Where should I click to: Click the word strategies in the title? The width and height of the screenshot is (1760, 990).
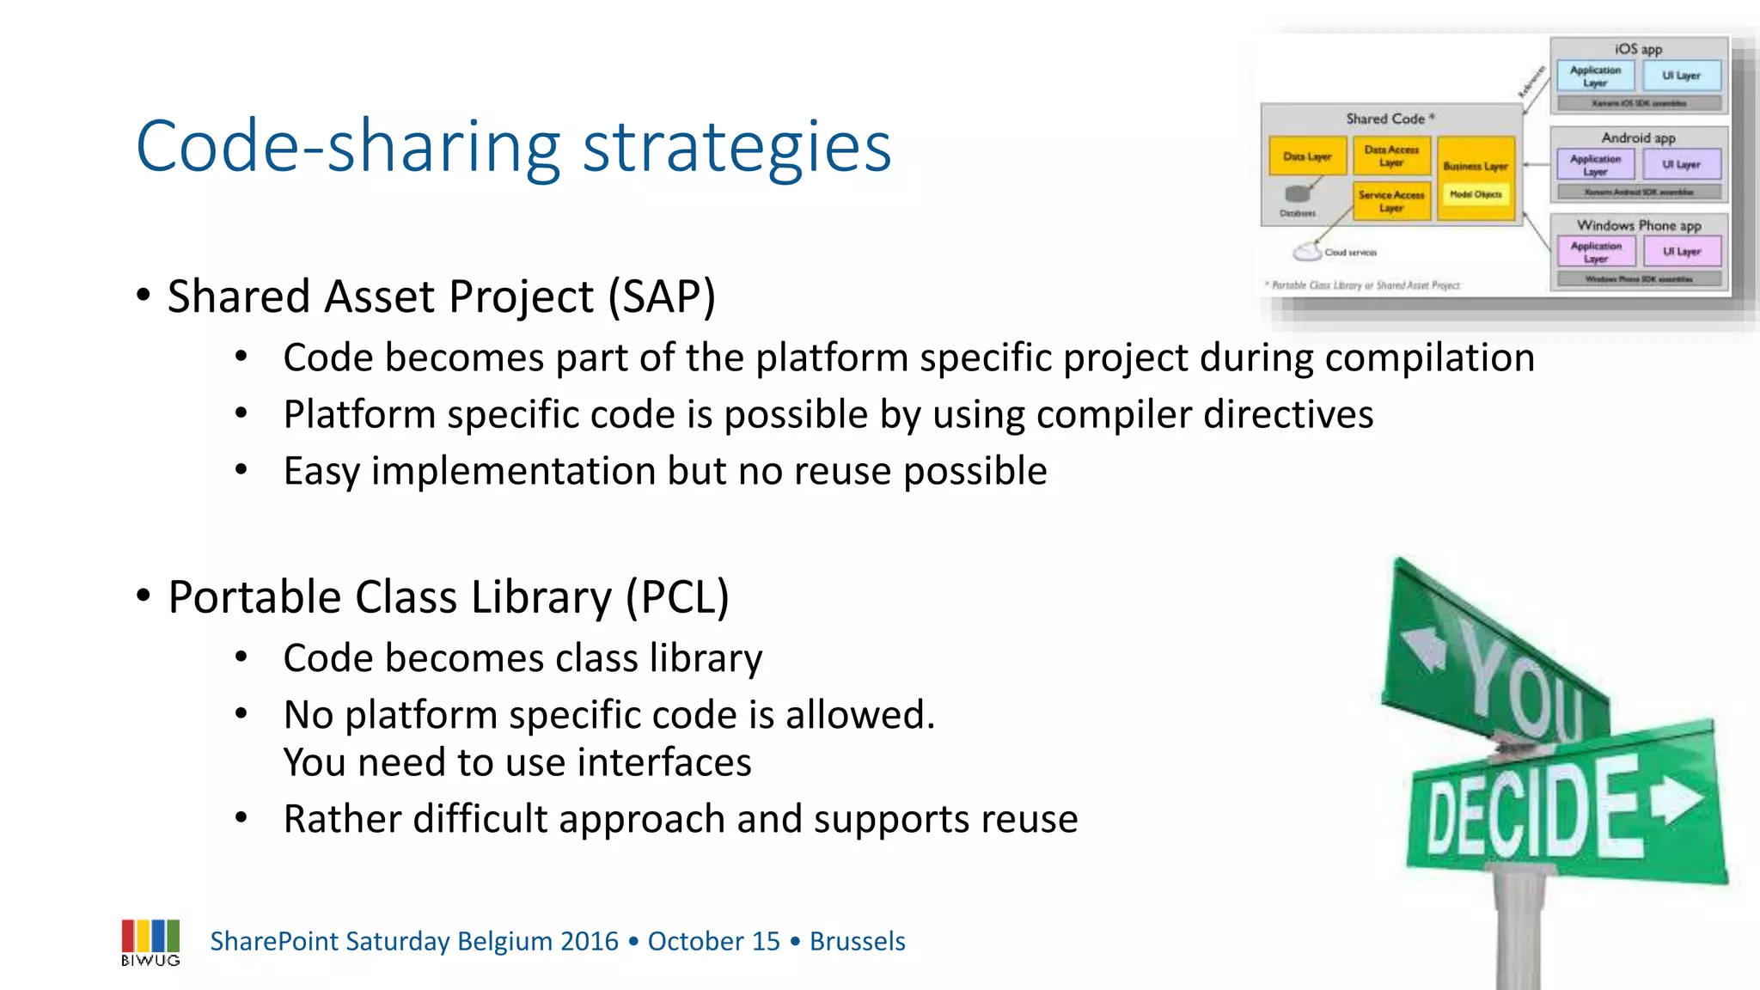(736, 148)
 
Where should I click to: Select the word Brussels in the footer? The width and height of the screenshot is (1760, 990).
(857, 941)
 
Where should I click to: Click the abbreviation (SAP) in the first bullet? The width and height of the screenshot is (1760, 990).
(662, 297)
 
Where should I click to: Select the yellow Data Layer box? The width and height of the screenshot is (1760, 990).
(1307, 156)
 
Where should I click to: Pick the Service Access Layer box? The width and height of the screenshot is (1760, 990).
(1390, 201)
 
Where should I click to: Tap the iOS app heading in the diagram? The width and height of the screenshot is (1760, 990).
(1638, 49)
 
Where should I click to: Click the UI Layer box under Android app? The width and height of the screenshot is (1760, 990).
(1681, 164)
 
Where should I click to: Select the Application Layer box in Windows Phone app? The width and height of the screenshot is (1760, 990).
(1596, 252)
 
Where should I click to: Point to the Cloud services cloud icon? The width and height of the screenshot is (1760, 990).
(1307, 252)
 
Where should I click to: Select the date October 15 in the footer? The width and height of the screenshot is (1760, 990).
(713, 941)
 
